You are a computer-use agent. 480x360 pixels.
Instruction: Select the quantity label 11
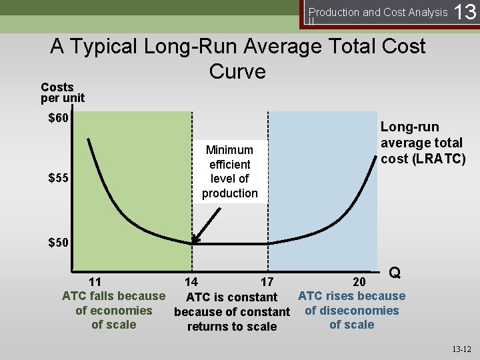tap(95, 281)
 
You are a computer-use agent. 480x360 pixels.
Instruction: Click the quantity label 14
tap(191, 282)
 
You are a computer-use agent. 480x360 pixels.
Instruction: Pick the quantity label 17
tap(267, 282)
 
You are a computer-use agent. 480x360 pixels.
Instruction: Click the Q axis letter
tap(395, 273)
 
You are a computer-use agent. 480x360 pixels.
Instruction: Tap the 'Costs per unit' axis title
tap(63, 93)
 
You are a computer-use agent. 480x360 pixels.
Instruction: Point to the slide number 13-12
tap(461, 349)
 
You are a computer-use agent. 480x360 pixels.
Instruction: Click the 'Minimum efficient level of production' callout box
tap(230, 171)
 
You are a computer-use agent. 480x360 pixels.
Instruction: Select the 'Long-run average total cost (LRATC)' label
tap(421, 143)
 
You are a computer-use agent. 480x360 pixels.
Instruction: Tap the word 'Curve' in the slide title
tap(237, 71)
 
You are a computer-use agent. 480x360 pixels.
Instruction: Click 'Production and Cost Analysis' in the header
tap(378, 12)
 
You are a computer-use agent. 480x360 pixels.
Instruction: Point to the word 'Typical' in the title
tap(111, 47)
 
